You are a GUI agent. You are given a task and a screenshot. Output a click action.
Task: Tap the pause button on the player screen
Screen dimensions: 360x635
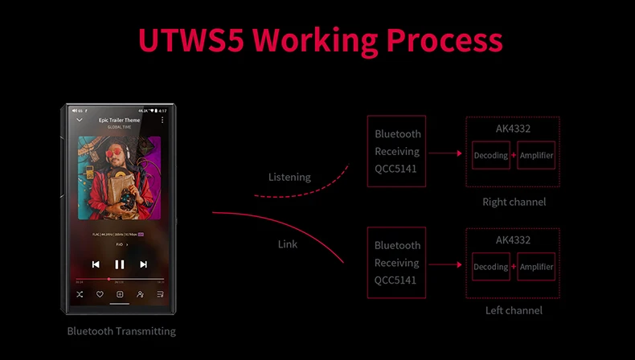120,264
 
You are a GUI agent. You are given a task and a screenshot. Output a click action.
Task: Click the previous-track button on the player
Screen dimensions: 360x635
96,264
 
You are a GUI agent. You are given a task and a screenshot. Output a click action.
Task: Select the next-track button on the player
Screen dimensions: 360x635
143,264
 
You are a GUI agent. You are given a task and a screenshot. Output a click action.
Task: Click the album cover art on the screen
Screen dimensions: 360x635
119,177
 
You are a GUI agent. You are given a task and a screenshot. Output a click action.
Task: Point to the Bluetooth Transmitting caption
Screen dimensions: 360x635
121,331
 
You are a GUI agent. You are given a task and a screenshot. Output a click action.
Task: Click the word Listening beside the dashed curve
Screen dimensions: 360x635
289,177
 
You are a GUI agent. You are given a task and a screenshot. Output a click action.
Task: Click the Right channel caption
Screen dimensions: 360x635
514,202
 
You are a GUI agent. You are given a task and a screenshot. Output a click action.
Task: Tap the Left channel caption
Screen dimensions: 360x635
514,310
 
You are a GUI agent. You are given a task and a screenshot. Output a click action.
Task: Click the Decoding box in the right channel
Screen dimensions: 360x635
490,155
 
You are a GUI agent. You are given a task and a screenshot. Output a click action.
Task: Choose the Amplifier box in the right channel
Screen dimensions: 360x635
536,155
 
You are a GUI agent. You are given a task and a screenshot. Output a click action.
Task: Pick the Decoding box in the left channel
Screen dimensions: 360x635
490,267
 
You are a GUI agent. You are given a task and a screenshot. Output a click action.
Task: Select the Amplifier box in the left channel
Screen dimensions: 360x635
536,267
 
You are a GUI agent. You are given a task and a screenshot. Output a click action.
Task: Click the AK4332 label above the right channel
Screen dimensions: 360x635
513,129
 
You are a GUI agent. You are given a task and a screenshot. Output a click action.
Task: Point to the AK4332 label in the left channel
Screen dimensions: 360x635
513,239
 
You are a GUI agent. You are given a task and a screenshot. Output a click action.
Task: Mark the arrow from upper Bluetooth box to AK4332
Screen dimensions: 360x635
444,152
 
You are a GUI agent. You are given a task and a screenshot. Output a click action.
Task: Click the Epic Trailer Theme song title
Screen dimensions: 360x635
119,120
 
